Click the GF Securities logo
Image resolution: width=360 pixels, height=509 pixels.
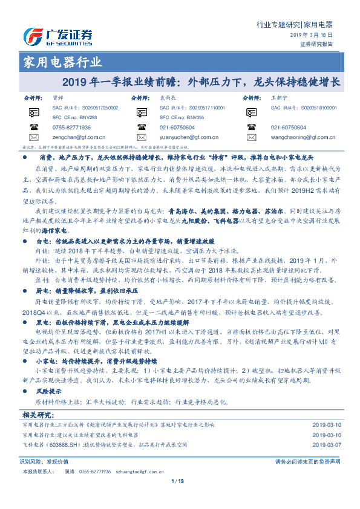pyautogui.click(x=57, y=37)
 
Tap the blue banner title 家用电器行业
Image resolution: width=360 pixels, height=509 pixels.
pyautogui.click(x=62, y=62)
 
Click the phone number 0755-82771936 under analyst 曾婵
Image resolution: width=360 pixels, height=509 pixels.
pyautogui.click(x=71, y=128)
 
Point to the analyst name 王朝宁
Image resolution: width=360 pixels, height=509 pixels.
pyautogui.click(x=278, y=97)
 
